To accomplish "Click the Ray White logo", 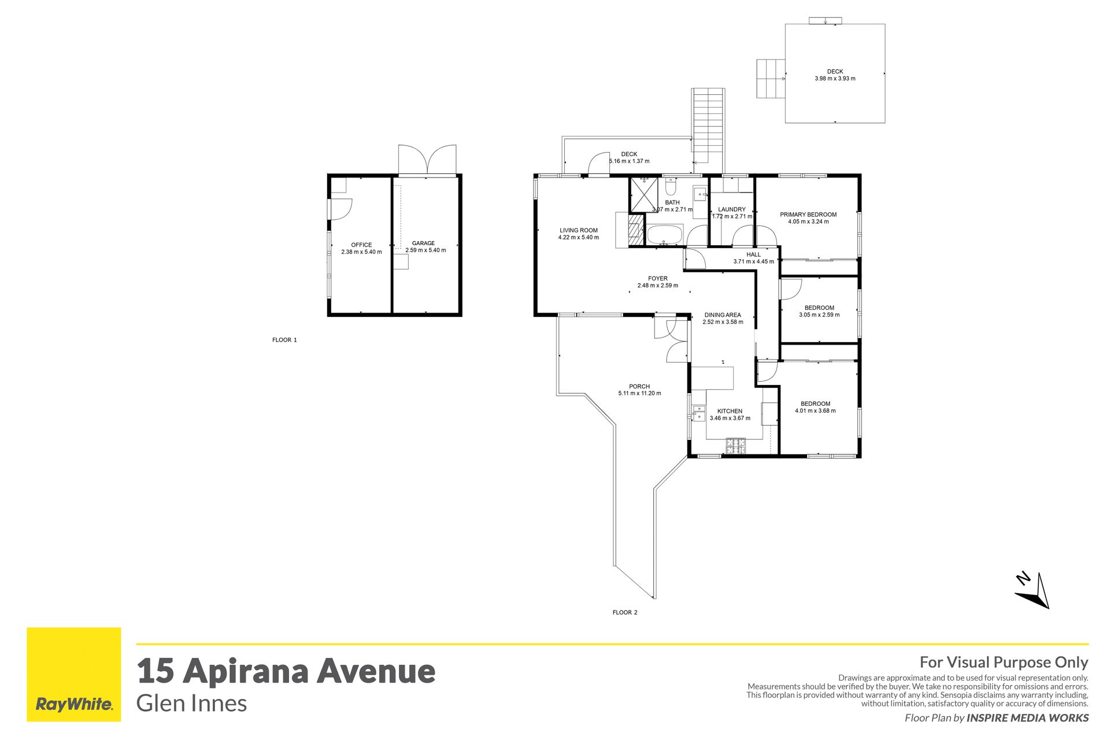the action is pos(74,674).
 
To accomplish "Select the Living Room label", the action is pos(579,230).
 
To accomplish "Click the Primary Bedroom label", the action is pos(808,214).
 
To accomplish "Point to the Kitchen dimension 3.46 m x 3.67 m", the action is pos(730,418).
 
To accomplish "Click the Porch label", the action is pos(639,386).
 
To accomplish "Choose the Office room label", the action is pos(361,245).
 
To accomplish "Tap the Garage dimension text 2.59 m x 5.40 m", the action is pos(425,250).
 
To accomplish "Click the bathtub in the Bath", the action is pos(665,235).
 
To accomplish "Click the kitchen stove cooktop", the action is pos(736,446).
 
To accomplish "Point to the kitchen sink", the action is pos(698,412).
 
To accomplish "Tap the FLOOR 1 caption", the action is pos(284,340).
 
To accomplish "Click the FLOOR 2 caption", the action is pos(625,612).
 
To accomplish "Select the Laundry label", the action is pos(732,209).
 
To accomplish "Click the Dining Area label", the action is pos(723,315).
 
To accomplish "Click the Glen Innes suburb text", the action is pos(191,704).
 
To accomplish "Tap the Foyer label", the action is pos(658,278).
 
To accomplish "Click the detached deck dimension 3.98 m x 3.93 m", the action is pos(835,79).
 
